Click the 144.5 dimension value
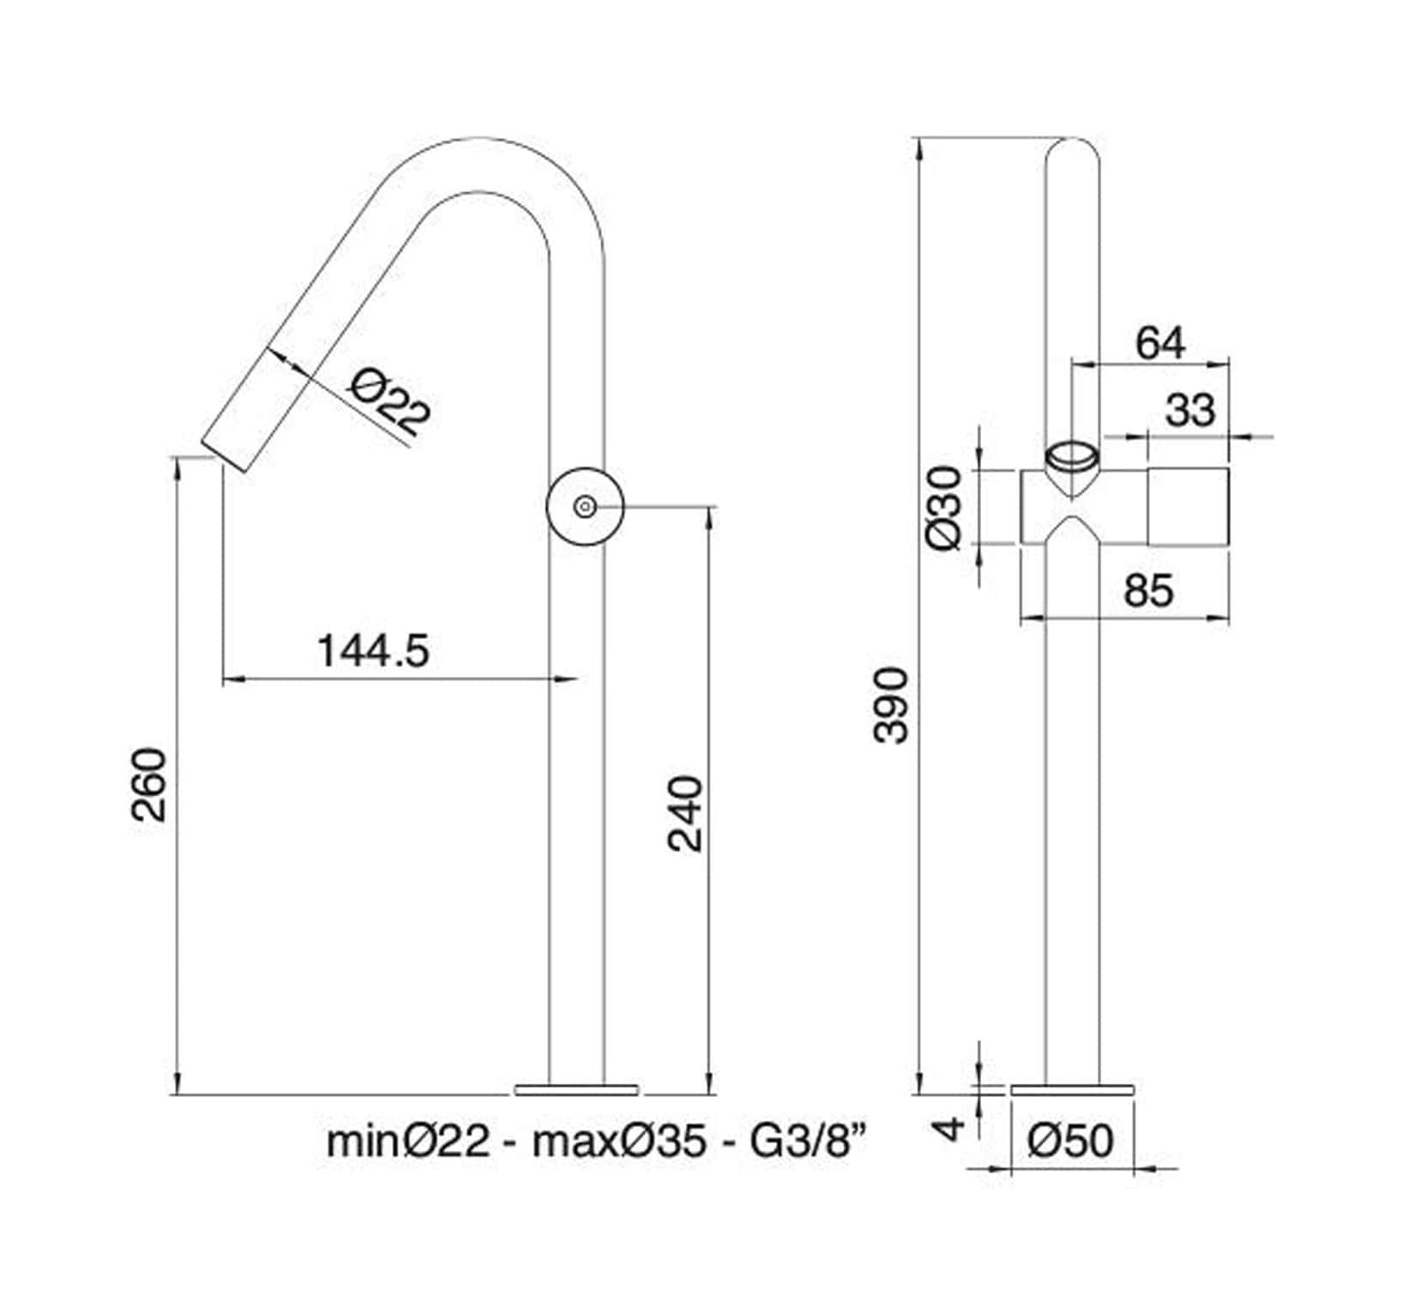click(x=373, y=651)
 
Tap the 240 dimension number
click(x=686, y=813)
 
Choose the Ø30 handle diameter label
click(x=947, y=508)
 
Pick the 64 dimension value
click(x=1160, y=343)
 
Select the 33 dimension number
click(x=1189, y=410)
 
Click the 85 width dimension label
click(x=1147, y=591)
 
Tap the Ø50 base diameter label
click(x=1072, y=1141)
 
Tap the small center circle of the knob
click(x=585, y=507)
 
